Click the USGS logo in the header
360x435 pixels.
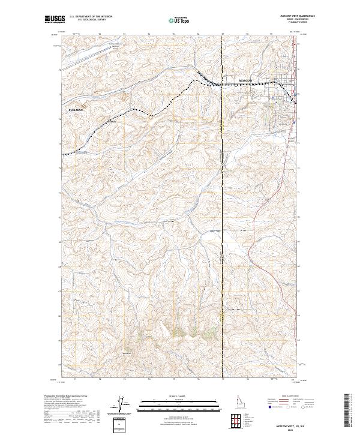click(52, 20)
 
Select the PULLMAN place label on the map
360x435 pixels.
click(74, 111)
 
